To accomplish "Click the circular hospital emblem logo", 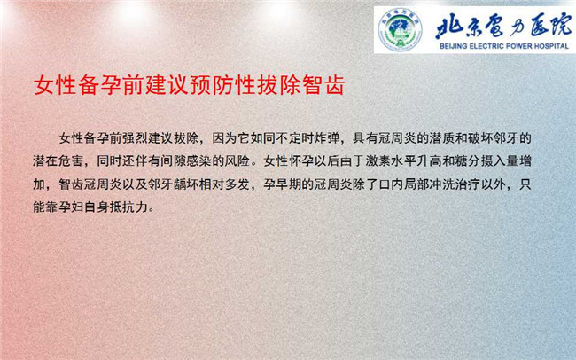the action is (400, 30).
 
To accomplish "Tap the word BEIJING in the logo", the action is (454, 46).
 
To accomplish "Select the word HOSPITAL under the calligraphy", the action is (550, 46).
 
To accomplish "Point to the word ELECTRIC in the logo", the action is (486, 46).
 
